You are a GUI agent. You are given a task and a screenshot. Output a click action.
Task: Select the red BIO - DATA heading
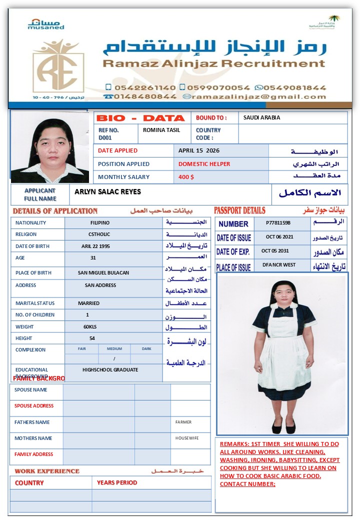(140, 118)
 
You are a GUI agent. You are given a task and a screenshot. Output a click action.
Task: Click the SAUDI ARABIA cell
(261, 118)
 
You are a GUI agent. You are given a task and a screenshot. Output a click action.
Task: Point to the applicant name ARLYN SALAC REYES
(107, 192)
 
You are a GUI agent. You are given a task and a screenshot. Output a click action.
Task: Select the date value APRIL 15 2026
(199, 150)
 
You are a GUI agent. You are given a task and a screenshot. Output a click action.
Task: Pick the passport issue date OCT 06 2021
(279, 237)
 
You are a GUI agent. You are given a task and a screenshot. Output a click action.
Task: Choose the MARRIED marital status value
(88, 303)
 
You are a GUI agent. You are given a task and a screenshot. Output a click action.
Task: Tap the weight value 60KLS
(91, 326)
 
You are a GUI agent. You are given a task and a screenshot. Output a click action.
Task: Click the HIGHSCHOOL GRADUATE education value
(110, 370)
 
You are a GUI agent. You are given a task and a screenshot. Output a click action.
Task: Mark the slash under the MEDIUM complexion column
(114, 359)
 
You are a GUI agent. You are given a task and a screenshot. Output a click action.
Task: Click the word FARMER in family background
(183, 422)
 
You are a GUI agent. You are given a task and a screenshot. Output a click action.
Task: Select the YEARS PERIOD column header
(117, 482)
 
